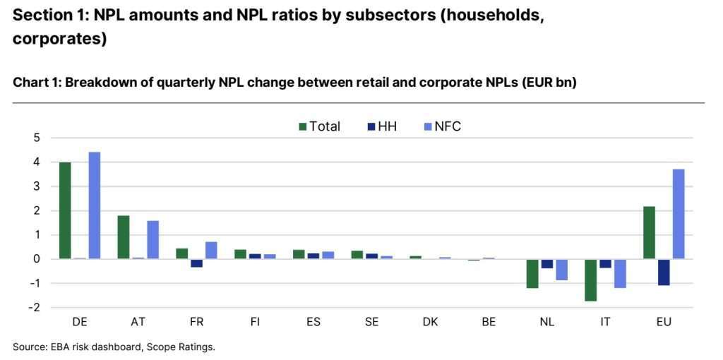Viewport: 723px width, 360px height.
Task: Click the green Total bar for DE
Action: tap(65, 210)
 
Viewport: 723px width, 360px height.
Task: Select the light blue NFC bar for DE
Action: tap(94, 205)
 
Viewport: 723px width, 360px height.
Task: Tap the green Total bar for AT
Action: tap(123, 237)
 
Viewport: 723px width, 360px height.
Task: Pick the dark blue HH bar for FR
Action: tap(196, 263)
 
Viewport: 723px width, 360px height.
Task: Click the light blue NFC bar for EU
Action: tap(679, 214)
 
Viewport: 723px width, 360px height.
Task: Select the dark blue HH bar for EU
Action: tap(664, 272)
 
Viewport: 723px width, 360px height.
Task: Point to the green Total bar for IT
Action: tap(590, 280)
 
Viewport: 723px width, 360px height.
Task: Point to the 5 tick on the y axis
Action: tap(36, 138)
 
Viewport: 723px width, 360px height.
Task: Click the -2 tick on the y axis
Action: tap(34, 308)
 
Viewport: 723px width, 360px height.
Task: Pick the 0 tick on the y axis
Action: tap(36, 259)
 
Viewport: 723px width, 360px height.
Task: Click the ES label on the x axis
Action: tap(313, 322)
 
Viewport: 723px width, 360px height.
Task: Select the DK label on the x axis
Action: tap(430, 322)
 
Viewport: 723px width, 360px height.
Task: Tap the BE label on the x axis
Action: tap(489, 322)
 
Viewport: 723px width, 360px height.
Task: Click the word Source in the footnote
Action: tap(29, 347)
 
